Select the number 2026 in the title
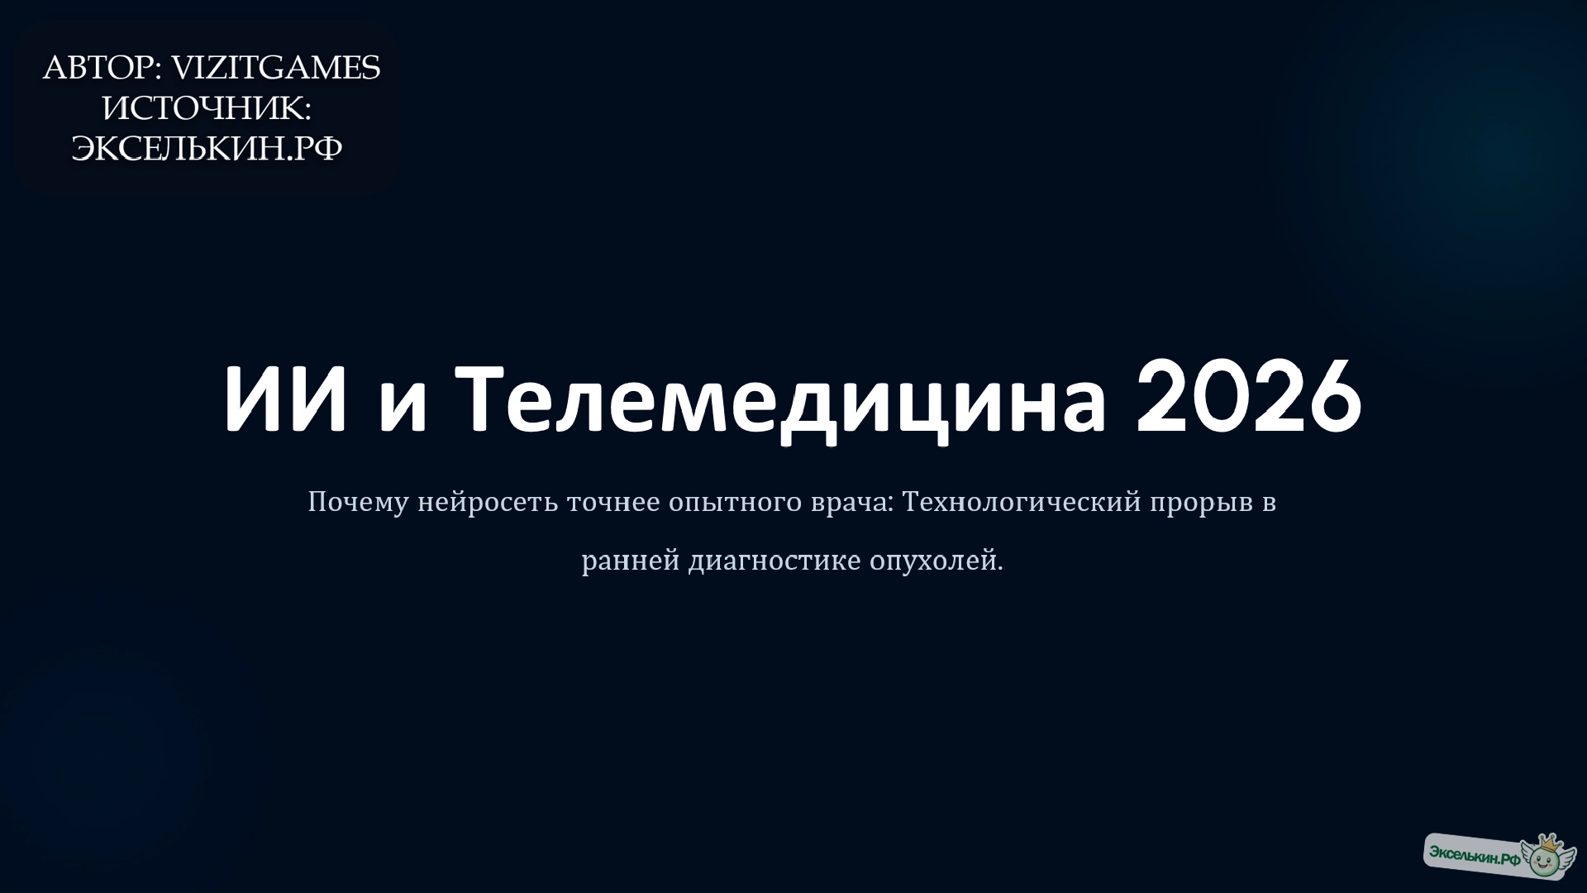pyautogui.click(x=1248, y=398)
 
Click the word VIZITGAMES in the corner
pyautogui.click(x=275, y=69)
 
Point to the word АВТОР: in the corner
pyautogui.click(x=102, y=69)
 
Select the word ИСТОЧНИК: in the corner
pyautogui.click(x=206, y=108)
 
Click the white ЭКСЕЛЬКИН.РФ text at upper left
pyautogui.click(x=207, y=149)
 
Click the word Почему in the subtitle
pyautogui.click(x=358, y=503)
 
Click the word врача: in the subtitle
pyautogui.click(x=852, y=503)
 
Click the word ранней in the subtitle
pyautogui.click(x=631, y=561)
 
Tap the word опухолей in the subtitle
pyautogui.click(x=935, y=561)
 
